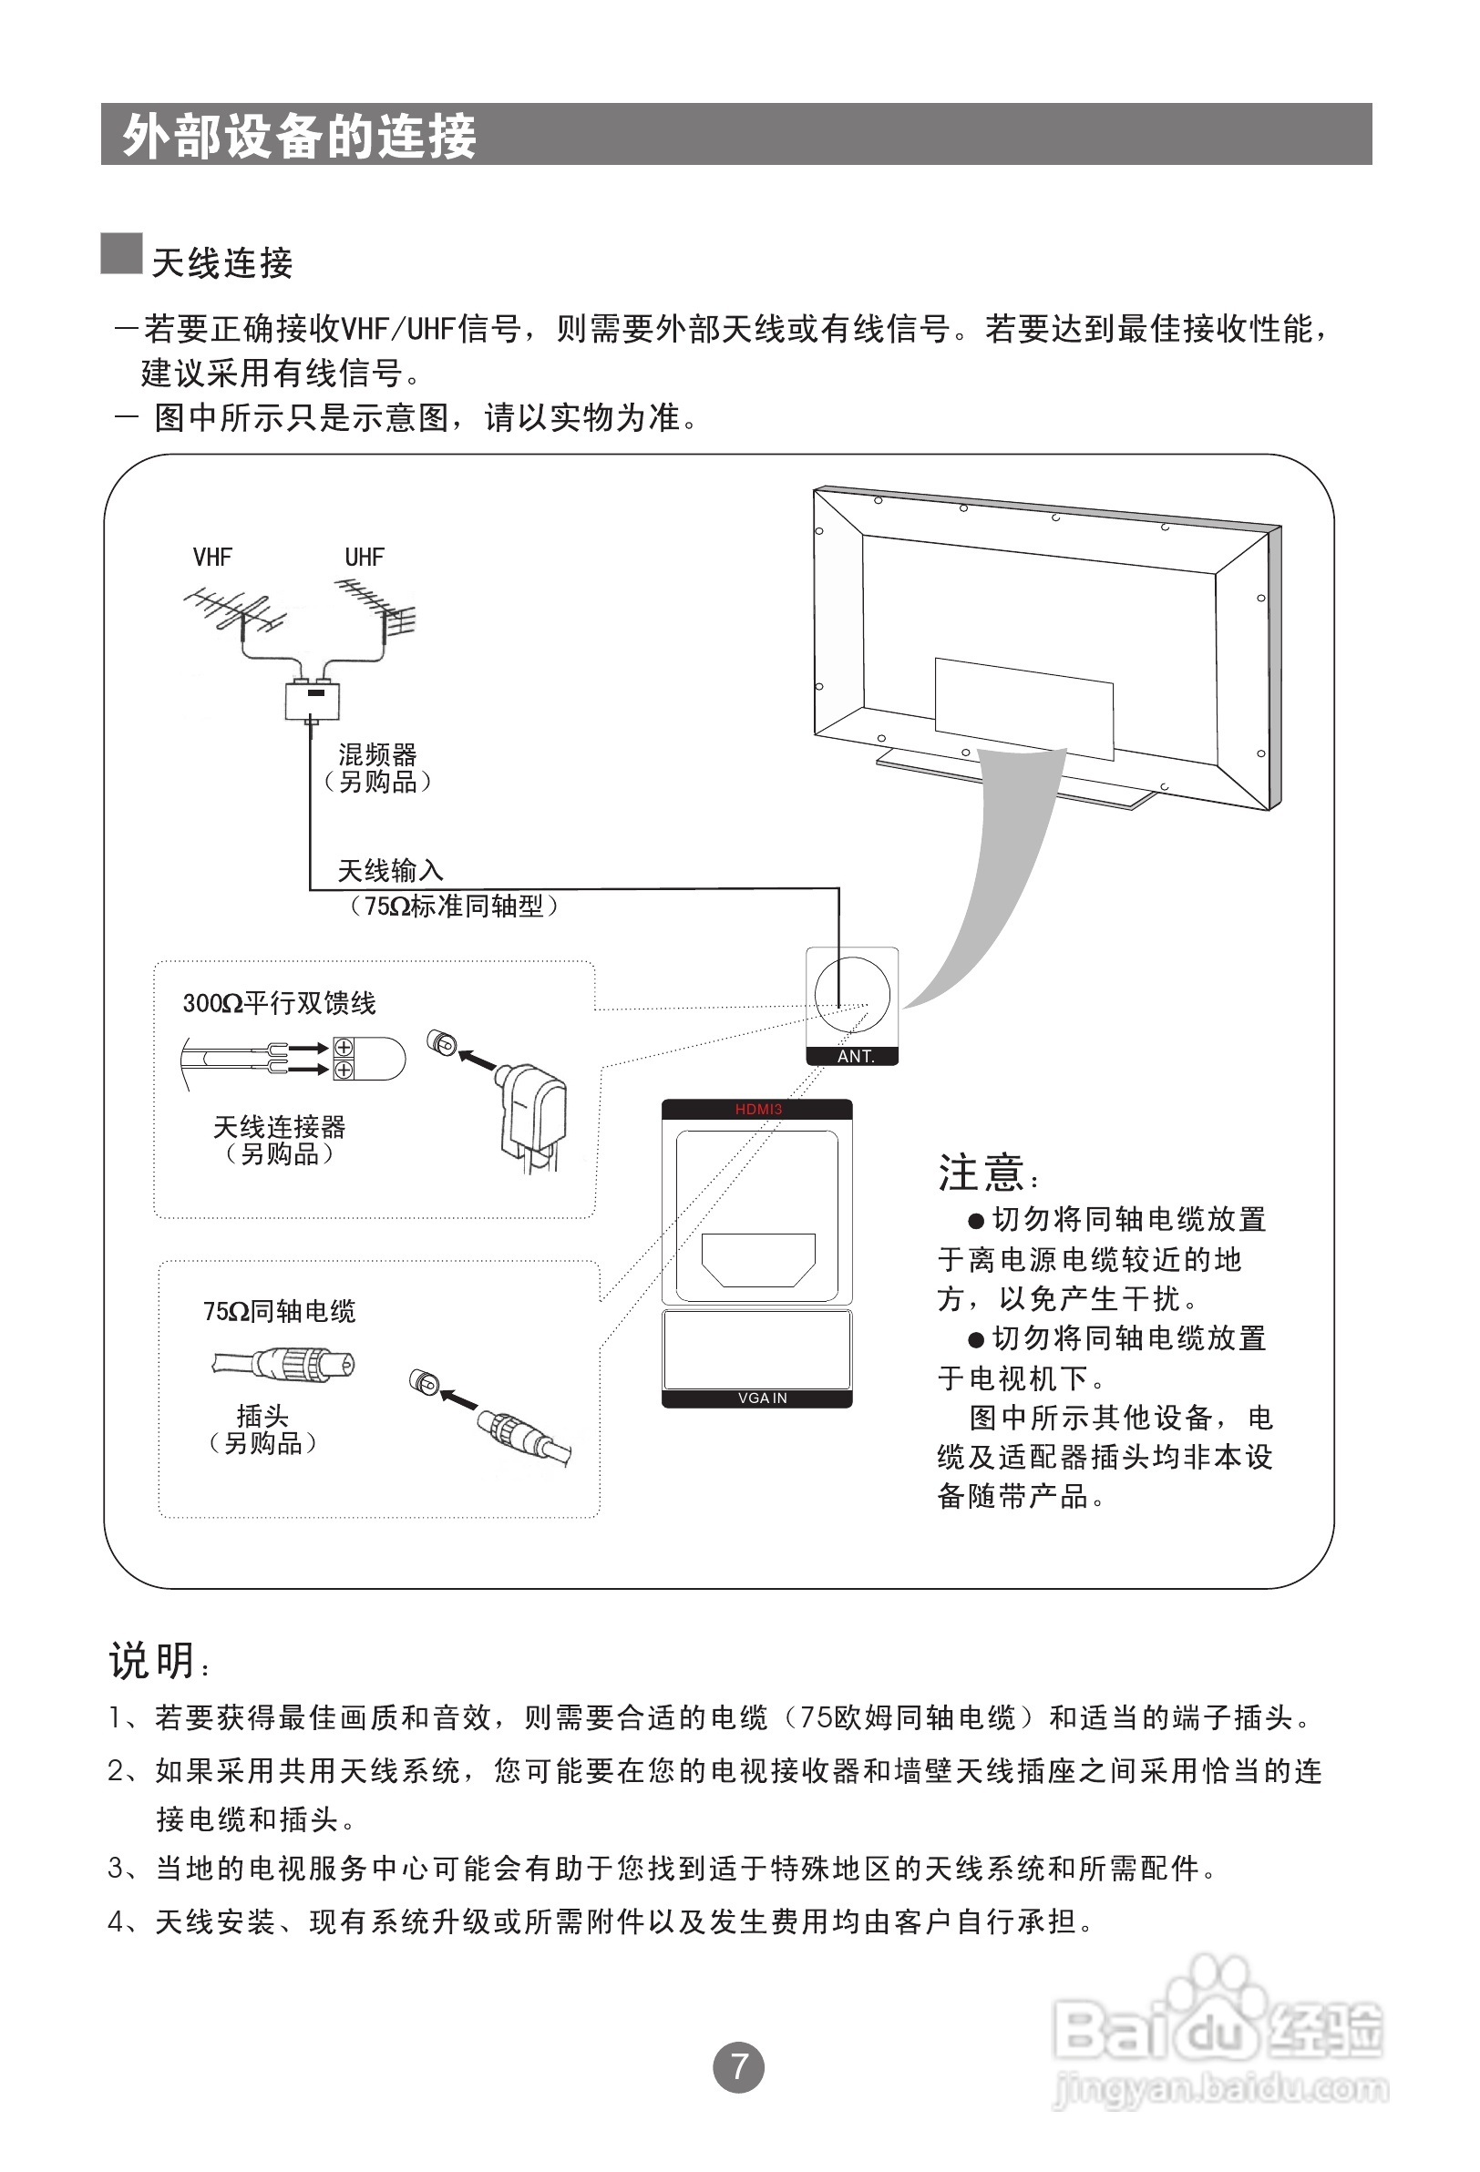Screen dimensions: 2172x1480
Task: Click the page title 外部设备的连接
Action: click(299, 137)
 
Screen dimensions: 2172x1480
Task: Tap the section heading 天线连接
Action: click(222, 263)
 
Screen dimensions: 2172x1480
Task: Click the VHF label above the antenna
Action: click(212, 558)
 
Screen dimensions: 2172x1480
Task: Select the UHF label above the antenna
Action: click(364, 558)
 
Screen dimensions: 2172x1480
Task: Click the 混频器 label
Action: click(377, 754)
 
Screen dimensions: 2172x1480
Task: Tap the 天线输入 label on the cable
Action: click(390, 871)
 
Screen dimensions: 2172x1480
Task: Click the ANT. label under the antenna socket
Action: click(855, 1056)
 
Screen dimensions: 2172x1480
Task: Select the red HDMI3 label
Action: click(757, 1110)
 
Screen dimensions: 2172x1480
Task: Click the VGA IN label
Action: click(762, 1398)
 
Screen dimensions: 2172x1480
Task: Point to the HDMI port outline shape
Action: click(758, 1260)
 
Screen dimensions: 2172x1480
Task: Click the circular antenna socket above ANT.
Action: click(852, 994)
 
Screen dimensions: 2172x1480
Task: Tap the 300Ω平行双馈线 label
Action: click(279, 1004)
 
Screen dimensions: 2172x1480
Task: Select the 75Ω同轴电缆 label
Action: click(279, 1312)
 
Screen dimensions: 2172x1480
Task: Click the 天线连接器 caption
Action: click(279, 1127)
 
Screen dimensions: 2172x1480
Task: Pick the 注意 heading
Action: click(982, 1173)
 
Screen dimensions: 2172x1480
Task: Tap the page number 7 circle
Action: click(738, 2066)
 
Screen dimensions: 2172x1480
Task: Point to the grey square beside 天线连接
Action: click(121, 254)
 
